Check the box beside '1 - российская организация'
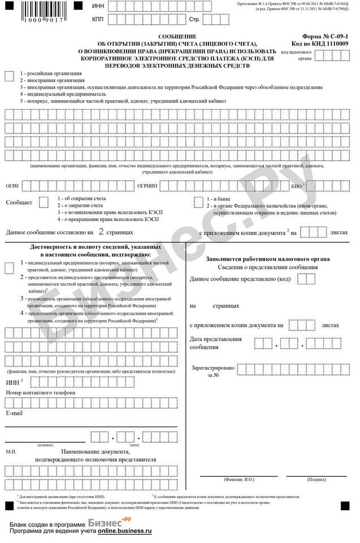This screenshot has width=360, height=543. tap(9, 75)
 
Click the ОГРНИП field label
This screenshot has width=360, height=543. tap(148, 185)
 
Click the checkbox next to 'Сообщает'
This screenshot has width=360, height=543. tap(44, 202)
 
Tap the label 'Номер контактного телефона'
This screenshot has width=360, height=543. tap(40, 392)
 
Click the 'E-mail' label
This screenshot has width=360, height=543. tap(14, 413)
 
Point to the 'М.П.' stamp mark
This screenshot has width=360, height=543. tap(11, 452)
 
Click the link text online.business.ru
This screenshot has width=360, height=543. tap(124, 532)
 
